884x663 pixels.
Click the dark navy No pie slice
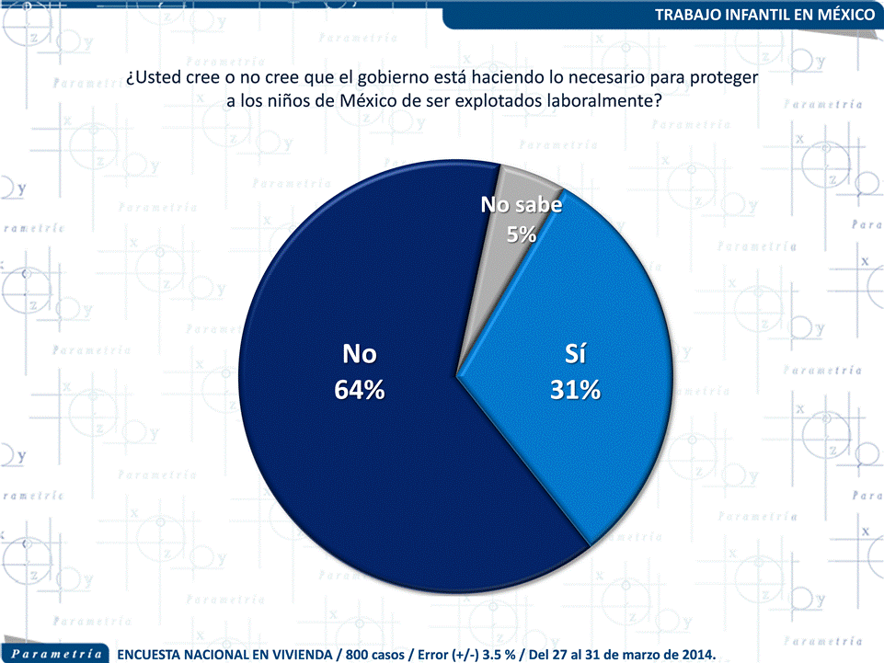(350, 460)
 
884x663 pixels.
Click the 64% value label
(359, 390)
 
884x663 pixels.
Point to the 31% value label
(575, 390)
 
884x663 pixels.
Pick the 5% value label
(522, 234)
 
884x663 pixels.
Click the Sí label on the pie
(575, 354)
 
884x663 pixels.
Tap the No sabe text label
(522, 206)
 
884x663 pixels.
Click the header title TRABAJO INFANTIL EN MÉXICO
(764, 16)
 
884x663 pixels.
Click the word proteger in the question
(724, 79)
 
